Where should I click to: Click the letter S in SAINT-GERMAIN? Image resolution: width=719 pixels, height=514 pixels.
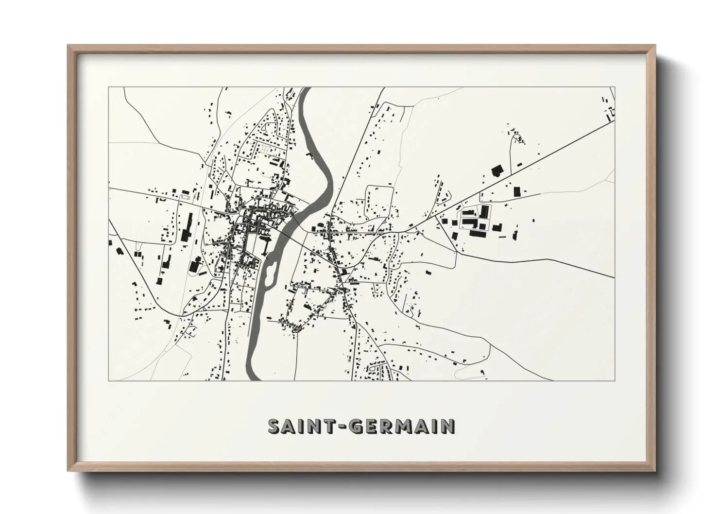[275, 426]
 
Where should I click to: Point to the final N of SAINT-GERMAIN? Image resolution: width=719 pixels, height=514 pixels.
[447, 426]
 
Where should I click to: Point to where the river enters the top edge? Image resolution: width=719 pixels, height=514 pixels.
[305, 88]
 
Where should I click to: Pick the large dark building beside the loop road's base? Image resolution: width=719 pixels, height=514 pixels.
[496, 171]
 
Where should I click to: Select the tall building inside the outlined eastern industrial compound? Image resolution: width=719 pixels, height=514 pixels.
[484, 212]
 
